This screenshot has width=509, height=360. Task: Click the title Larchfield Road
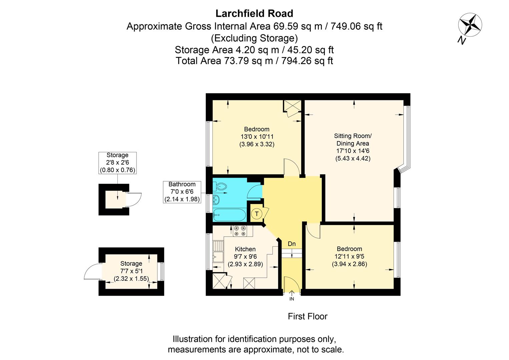[254, 13]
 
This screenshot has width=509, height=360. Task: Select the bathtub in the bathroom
[229, 215]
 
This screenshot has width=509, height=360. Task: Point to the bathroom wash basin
[216, 200]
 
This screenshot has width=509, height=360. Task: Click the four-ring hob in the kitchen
[240, 231]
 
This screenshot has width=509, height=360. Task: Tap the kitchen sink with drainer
[218, 252]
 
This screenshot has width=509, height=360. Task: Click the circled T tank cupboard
[257, 214]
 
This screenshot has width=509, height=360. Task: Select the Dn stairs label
[292, 244]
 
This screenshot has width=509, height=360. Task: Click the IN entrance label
[292, 299]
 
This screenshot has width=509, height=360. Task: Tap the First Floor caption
[308, 316]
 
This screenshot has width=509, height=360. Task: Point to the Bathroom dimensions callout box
[182, 192]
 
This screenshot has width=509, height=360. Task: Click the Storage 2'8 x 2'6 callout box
[117, 162]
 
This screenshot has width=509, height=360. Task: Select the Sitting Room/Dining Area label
[353, 140]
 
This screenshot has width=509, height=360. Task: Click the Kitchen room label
[245, 249]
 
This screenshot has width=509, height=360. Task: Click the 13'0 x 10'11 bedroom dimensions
[257, 137]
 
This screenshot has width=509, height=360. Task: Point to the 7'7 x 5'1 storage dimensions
[131, 271]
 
